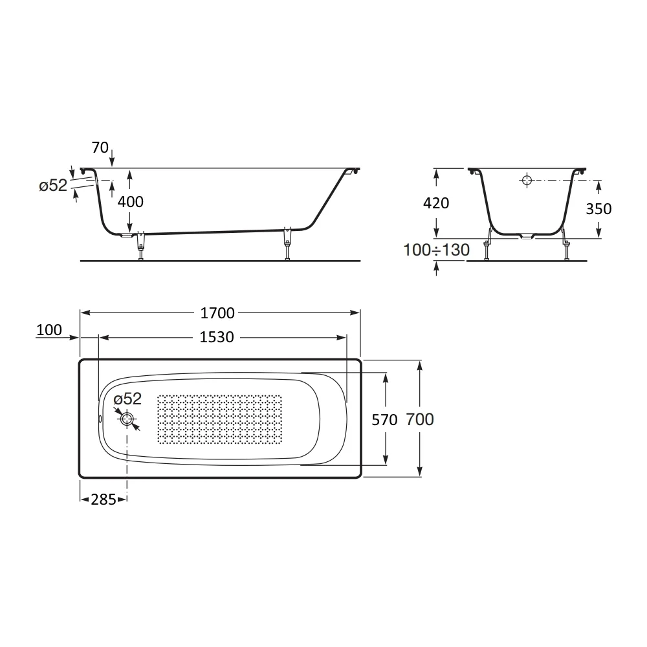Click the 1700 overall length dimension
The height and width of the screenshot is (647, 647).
point(217,313)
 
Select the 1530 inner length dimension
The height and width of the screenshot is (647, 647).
point(217,338)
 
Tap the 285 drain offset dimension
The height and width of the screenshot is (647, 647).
point(103,499)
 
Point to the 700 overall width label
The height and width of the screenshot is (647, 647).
point(420,420)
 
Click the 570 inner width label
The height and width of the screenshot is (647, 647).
point(384,420)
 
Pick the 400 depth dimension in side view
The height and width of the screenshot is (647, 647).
point(131,202)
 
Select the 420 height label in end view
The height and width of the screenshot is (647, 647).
point(436,203)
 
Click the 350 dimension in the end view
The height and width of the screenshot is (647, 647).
point(598,209)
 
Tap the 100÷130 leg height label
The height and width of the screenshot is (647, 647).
point(436,250)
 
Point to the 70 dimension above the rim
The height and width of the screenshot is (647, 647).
point(100,148)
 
